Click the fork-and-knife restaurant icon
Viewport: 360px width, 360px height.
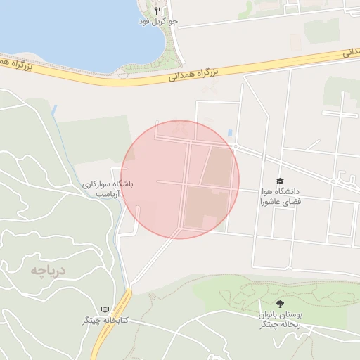pyautogui.click(x=158, y=11)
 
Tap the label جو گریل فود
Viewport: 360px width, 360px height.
pyautogui.click(x=158, y=22)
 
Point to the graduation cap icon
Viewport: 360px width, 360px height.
pyautogui.click(x=280, y=181)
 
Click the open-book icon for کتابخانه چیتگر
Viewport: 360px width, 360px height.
pyautogui.click(x=105, y=309)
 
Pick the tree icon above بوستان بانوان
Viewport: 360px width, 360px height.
pyautogui.click(x=280, y=304)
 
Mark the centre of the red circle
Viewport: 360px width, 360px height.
pyautogui.click(x=180, y=179)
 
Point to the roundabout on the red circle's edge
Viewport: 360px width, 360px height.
pyautogui.click(x=236, y=146)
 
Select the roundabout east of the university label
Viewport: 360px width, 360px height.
pyautogui.click(x=333, y=181)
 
